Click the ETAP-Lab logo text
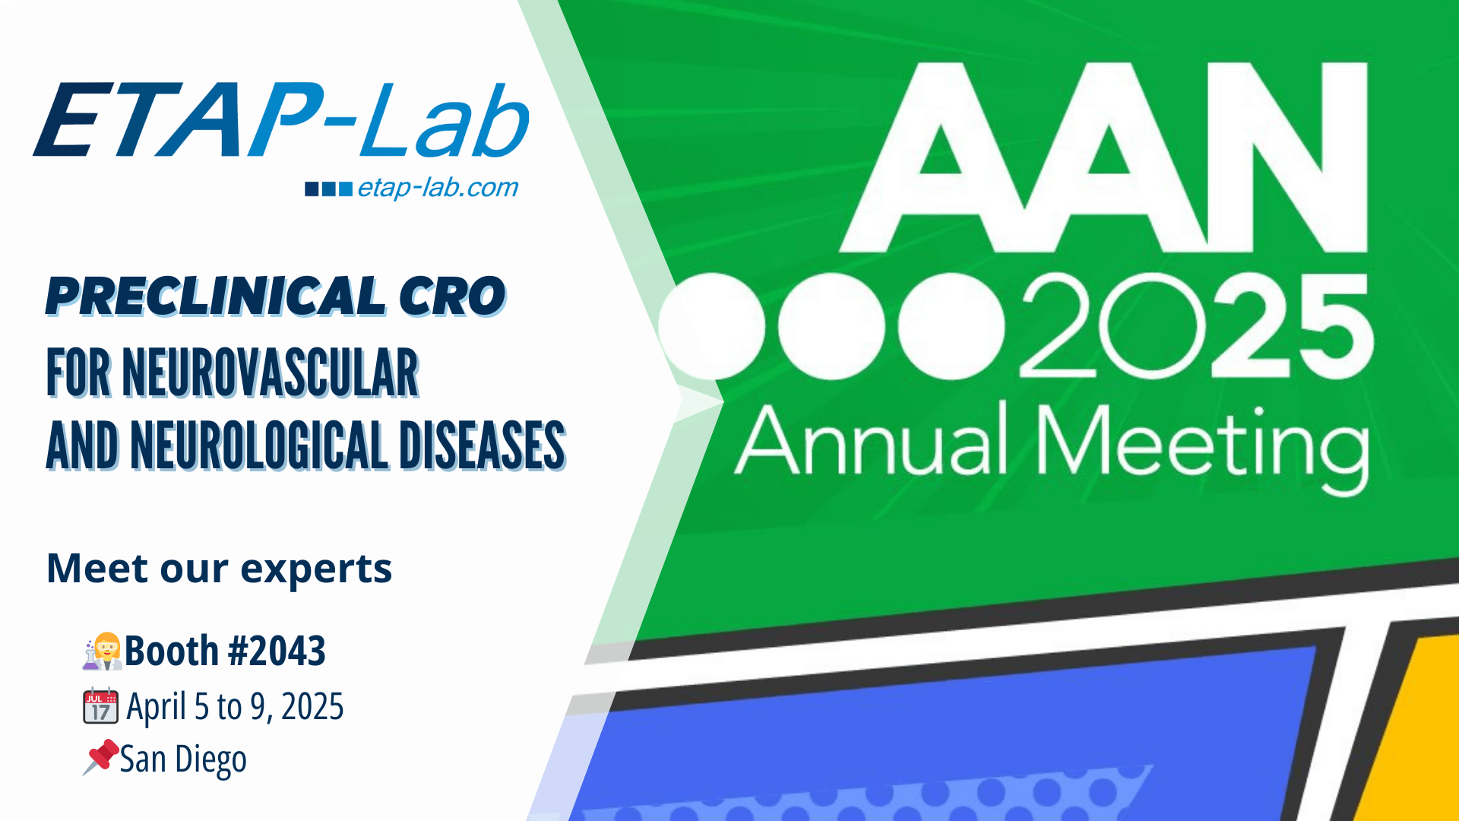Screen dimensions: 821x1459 pyautogui.click(x=281, y=120)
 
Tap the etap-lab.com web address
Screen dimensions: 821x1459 pyautogui.click(x=438, y=188)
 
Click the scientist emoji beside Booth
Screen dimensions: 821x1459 pyautogui.click(x=103, y=651)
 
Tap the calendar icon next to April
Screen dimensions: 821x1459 pyautogui.click(x=100, y=705)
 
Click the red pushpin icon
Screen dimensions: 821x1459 pyautogui.click(x=101, y=756)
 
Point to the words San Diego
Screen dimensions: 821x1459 pyautogui.click(x=183, y=759)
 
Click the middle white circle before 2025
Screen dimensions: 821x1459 pyautogui.click(x=831, y=326)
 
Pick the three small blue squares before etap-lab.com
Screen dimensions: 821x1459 pyautogui.click(x=328, y=189)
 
